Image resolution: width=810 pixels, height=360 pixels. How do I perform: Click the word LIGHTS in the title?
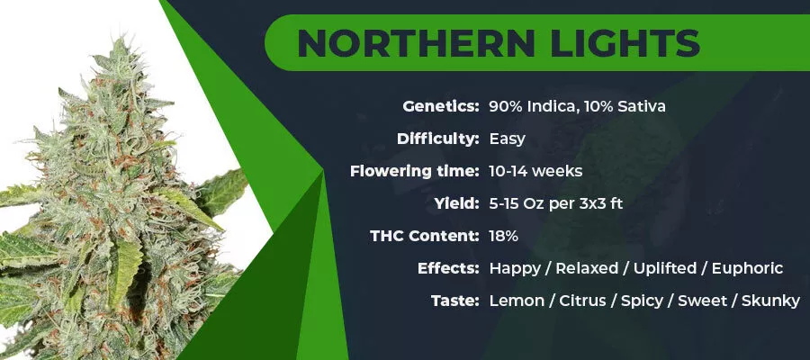pyautogui.click(x=625, y=43)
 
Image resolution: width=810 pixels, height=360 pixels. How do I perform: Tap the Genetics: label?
pyautogui.click(x=441, y=107)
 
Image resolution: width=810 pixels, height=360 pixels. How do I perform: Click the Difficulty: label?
pyautogui.click(x=438, y=139)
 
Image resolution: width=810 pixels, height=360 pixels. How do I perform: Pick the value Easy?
pyautogui.click(x=508, y=139)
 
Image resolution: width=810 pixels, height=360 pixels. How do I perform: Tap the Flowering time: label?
pyautogui.click(x=414, y=172)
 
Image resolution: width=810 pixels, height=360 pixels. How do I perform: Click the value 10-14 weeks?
pyautogui.click(x=535, y=172)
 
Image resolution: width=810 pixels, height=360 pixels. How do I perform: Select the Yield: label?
pyautogui.click(x=456, y=203)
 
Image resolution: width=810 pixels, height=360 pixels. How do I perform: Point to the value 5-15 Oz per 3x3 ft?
pyautogui.click(x=556, y=204)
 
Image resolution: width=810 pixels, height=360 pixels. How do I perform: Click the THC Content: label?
pyautogui.click(x=425, y=236)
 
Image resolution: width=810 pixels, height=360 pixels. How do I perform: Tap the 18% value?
pyautogui.click(x=504, y=236)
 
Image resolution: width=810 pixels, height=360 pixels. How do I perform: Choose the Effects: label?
pyautogui.click(x=448, y=268)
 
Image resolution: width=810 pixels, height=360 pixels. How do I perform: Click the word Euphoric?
pyautogui.click(x=748, y=269)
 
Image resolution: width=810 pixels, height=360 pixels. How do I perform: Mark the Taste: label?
pyautogui.click(x=455, y=301)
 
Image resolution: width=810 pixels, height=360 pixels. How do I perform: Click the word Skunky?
pyautogui.click(x=770, y=301)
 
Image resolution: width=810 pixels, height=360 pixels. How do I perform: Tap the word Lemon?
pyautogui.click(x=517, y=301)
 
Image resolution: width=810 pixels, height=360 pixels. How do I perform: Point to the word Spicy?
pyautogui.click(x=642, y=301)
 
